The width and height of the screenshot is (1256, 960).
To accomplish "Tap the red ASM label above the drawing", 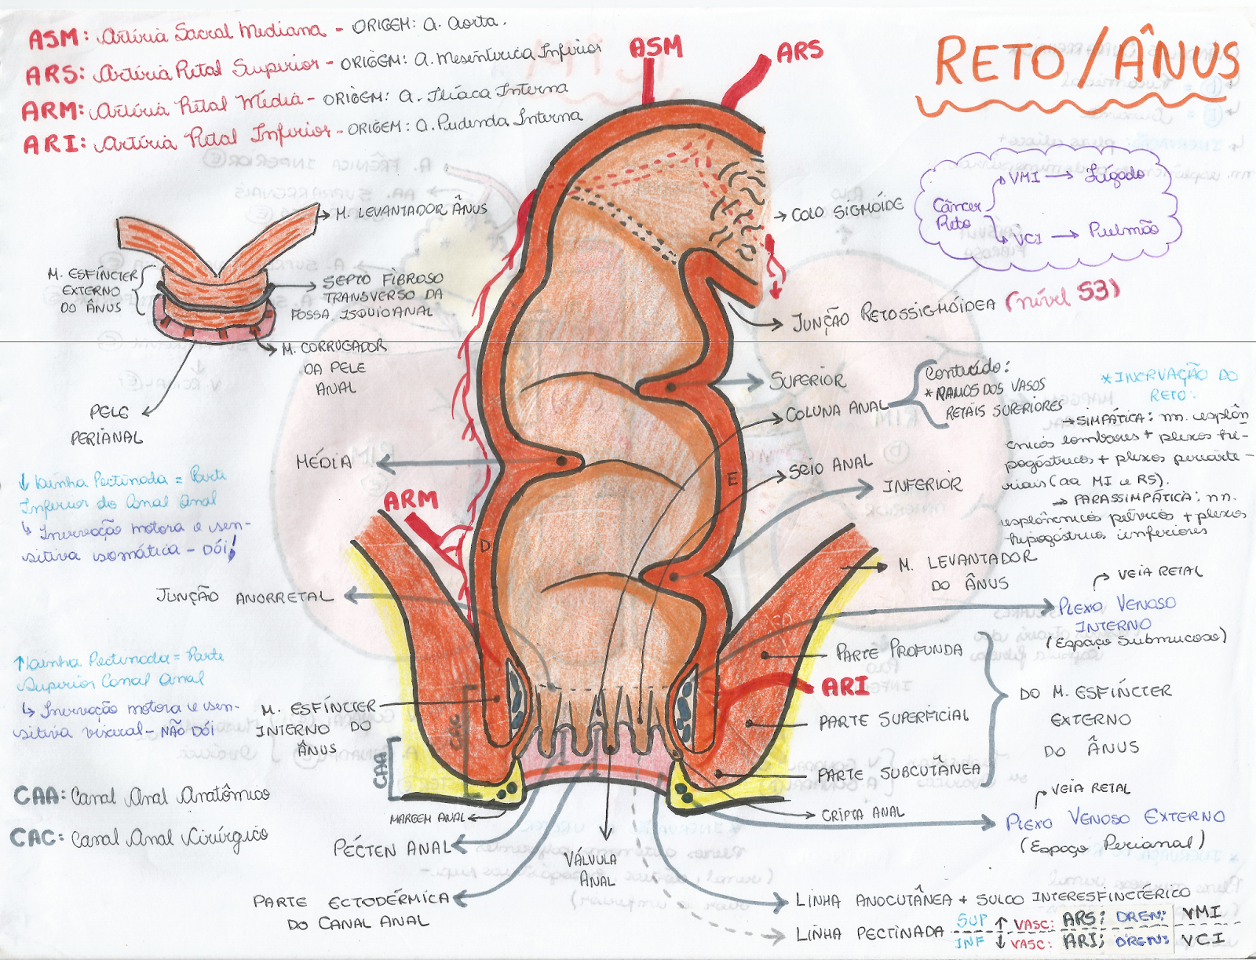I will [656, 48].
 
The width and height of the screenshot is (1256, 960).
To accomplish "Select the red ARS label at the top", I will [799, 53].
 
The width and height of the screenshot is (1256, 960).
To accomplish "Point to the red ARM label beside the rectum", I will [411, 500].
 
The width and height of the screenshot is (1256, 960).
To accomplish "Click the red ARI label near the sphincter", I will [845, 687].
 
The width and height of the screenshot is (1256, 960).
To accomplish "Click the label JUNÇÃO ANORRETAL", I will [244, 597].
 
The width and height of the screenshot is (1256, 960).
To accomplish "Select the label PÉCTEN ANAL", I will [392, 849].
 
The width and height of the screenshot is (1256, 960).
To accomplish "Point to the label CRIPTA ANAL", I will [862, 814].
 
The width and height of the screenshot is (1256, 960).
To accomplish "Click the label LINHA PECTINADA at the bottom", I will [869, 933].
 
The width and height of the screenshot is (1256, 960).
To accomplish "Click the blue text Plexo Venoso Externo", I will [1115, 819].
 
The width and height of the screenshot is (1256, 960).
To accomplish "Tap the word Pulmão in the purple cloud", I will [1123, 230].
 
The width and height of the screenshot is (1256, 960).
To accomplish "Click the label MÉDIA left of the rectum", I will [323, 462].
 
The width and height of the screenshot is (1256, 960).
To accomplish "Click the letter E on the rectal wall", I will [732, 480].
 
